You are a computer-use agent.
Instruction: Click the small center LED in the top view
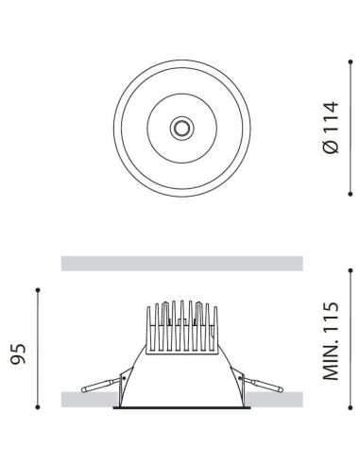tap(179, 128)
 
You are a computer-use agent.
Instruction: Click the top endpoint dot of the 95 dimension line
tap(37, 289)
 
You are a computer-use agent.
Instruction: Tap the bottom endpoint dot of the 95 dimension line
tap(37, 412)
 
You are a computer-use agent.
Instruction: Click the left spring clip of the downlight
tap(102, 383)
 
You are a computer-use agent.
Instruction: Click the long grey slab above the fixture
tap(181, 263)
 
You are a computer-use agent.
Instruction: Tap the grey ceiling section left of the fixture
tap(85, 400)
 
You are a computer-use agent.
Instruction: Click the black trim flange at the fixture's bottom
tap(180, 410)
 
